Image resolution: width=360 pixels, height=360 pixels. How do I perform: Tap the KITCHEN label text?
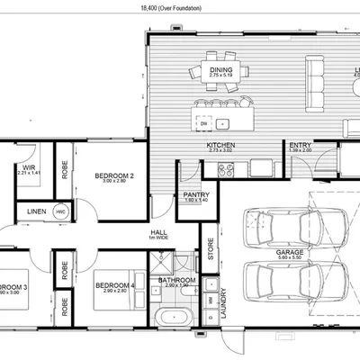click(220, 145)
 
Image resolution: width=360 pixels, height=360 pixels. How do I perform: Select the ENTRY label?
click(300, 145)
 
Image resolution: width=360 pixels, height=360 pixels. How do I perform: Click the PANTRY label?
click(196, 193)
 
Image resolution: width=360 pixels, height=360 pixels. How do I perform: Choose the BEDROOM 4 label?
click(114, 287)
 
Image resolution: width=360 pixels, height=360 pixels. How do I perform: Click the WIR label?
click(29, 166)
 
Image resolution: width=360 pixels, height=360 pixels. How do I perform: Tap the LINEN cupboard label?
click(36, 212)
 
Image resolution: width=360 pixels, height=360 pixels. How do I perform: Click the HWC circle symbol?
click(60, 212)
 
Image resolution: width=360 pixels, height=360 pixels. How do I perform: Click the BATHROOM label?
click(176, 280)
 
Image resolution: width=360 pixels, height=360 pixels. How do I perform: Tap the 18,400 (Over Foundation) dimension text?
click(171, 7)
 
